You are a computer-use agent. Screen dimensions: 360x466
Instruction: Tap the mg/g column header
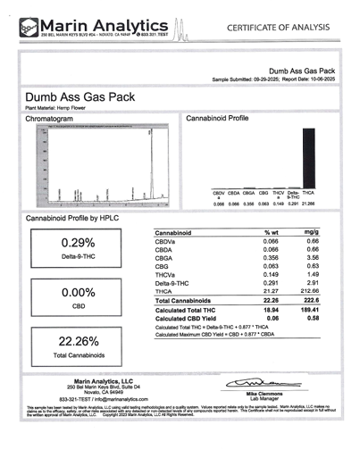coord(313,232)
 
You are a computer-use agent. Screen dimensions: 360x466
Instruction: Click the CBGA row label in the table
coord(167,257)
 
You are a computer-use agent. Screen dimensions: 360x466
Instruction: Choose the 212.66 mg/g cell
coord(311,290)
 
